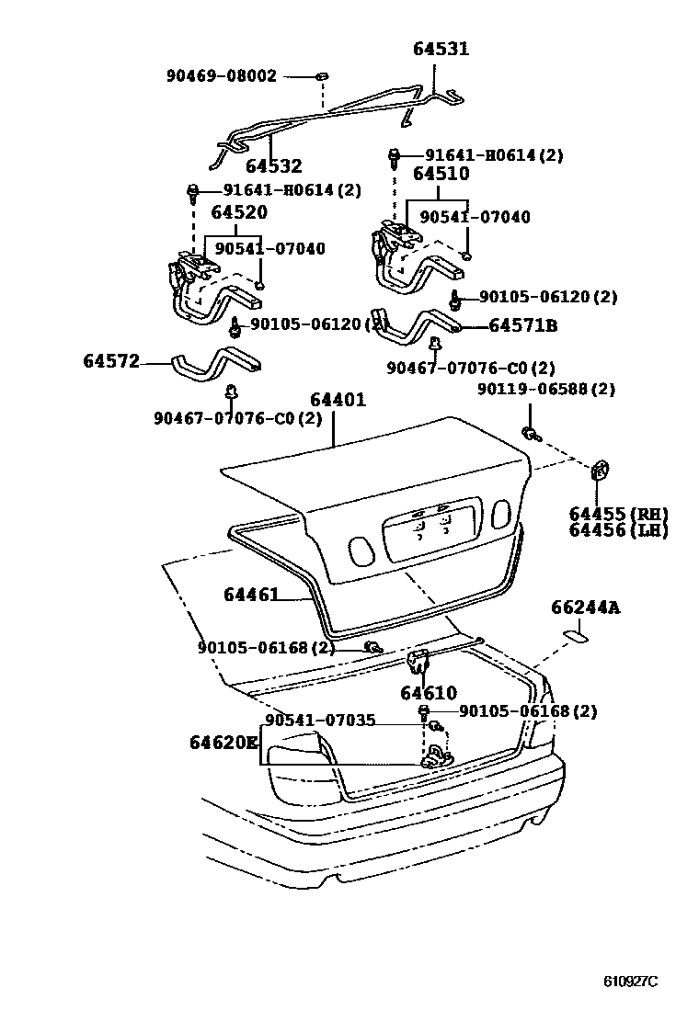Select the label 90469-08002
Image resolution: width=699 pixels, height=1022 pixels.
coord(222,76)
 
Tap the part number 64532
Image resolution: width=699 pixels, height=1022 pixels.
coord(273,166)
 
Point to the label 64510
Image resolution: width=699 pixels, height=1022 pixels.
coord(441,174)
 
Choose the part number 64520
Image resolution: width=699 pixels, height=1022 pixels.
coord(239,212)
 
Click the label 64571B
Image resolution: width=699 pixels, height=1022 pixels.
coord(522,325)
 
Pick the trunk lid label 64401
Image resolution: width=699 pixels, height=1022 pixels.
coord(338,400)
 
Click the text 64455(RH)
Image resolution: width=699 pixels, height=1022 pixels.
coord(617,514)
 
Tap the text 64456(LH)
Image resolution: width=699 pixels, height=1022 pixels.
coord(617,530)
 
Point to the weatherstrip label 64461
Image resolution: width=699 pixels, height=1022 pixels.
coord(250,595)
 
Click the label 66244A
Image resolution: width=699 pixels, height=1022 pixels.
coord(585,608)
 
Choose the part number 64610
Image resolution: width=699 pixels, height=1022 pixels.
coord(428,693)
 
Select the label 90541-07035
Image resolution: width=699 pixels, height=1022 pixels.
coord(320,721)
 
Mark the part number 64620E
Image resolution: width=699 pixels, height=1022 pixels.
coord(224,742)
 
